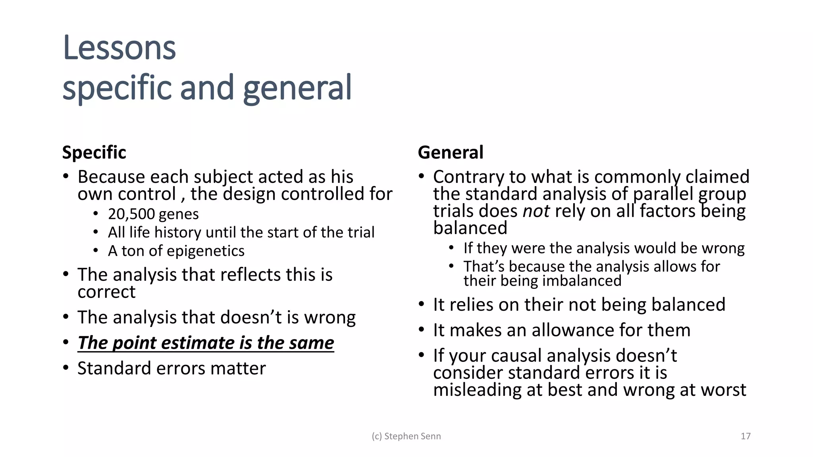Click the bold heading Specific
pos(94,152)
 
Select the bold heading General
pos(451,152)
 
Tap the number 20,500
pos(131,214)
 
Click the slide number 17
pos(746,436)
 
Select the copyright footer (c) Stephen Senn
pos(406,436)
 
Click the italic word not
pos(536,211)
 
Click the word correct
pos(106,292)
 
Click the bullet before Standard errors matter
pos(66,368)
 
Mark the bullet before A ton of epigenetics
pos(96,251)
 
